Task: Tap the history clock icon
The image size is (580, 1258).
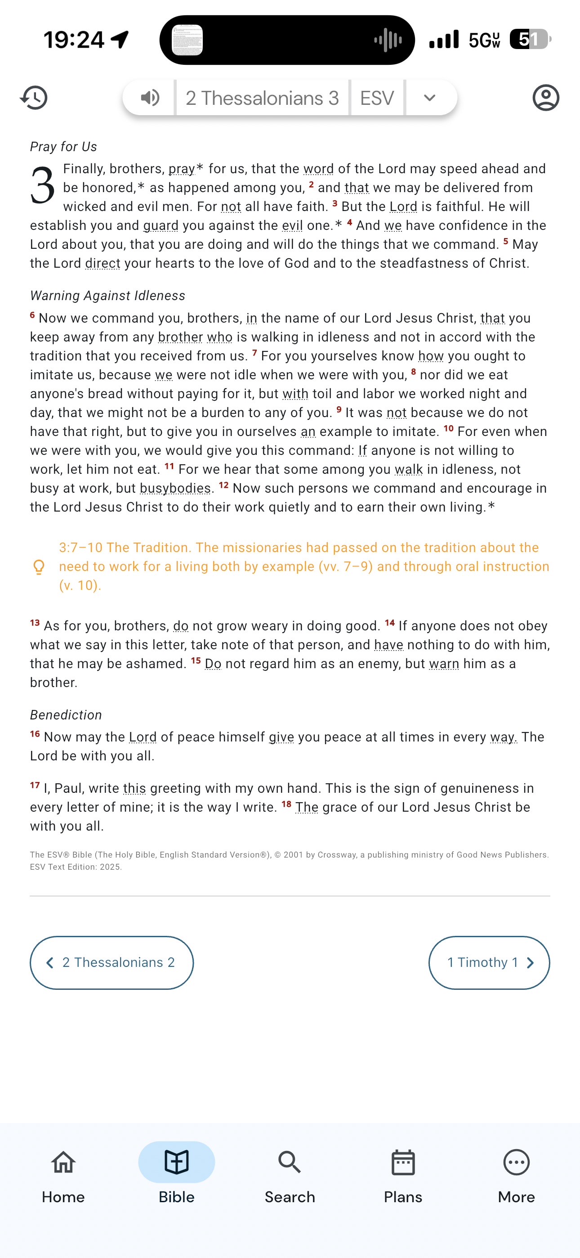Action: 34,98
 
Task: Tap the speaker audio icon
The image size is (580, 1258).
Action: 150,98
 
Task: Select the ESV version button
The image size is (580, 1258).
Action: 377,98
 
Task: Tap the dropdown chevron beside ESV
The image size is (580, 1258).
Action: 430,98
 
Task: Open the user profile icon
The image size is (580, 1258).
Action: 545,98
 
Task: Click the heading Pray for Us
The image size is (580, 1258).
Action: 63,147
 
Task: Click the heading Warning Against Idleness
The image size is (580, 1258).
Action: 107,296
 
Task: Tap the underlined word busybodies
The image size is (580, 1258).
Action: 175,488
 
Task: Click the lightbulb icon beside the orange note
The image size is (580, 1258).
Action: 39,567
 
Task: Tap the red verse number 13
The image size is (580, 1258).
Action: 35,623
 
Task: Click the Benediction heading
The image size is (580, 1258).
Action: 66,714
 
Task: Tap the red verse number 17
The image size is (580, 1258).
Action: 35,785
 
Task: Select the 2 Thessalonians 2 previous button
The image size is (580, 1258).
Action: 112,962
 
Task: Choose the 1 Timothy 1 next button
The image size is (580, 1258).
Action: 489,962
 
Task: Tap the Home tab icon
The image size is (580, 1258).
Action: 63,1162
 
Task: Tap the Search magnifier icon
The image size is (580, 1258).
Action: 290,1162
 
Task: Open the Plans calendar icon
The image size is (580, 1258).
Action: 403,1162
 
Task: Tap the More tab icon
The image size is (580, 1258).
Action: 516,1162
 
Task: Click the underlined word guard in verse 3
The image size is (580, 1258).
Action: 161,225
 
